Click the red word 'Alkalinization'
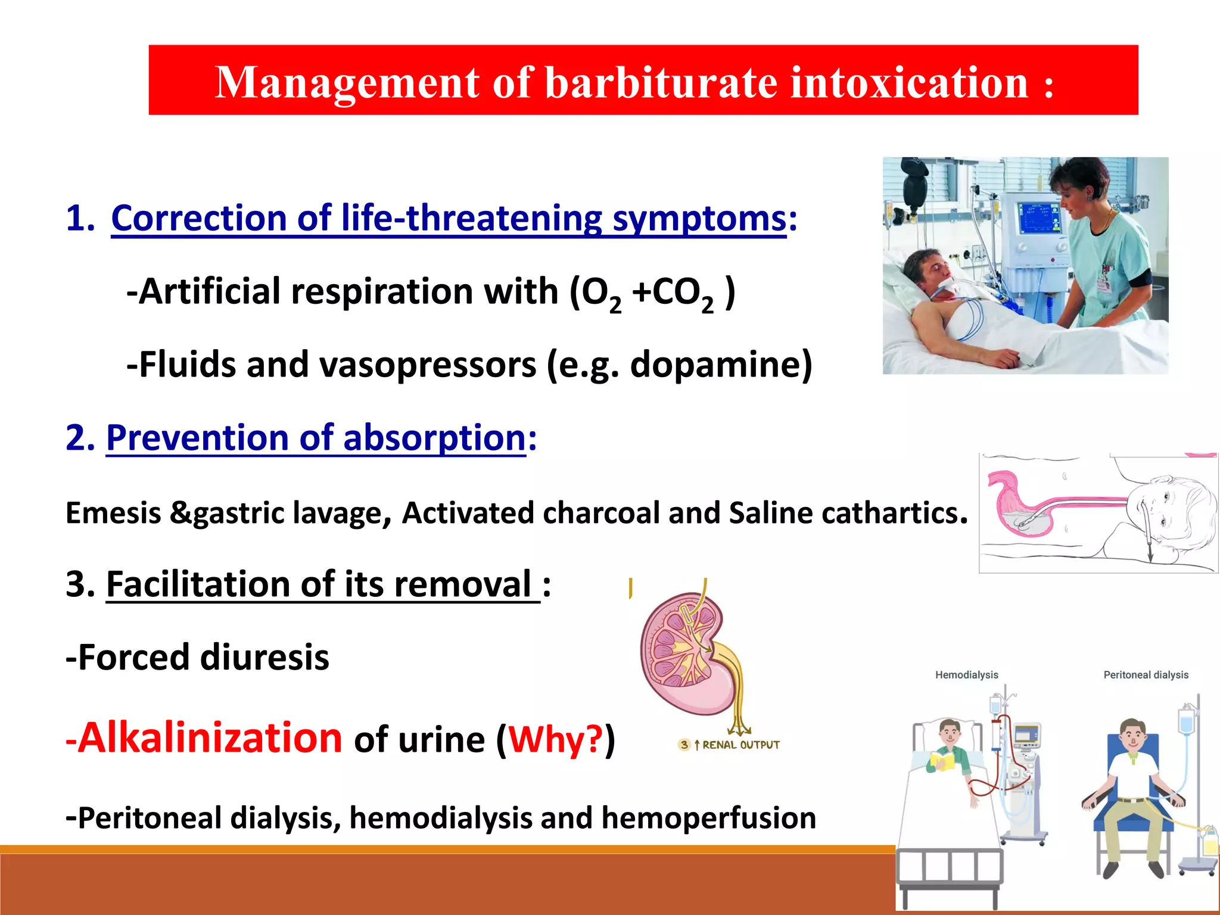[x=210, y=737]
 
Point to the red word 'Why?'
[x=556, y=739]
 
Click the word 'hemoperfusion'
[x=708, y=817]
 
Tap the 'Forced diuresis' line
[x=197, y=657]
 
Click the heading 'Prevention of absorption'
[x=316, y=438]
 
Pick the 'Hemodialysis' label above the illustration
[x=966, y=675]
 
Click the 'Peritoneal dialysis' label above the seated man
[x=1146, y=675]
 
